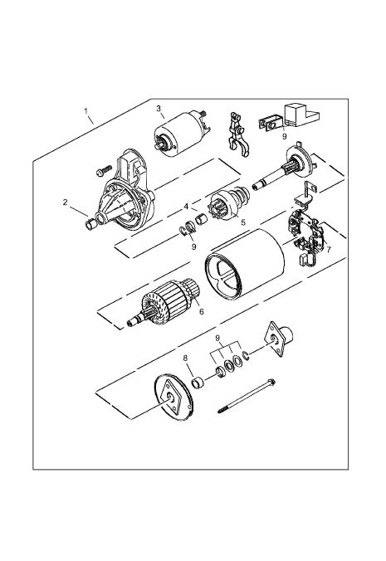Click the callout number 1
[86, 111]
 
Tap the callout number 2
[65, 202]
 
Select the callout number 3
[159, 109]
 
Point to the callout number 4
[186, 207]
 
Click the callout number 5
[243, 222]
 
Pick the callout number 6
[202, 312]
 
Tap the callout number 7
[329, 249]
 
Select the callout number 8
[185, 359]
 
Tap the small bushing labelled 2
[90, 224]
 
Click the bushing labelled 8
[197, 383]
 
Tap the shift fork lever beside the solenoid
[237, 134]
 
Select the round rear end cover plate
[173, 398]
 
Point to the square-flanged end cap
[278, 338]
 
